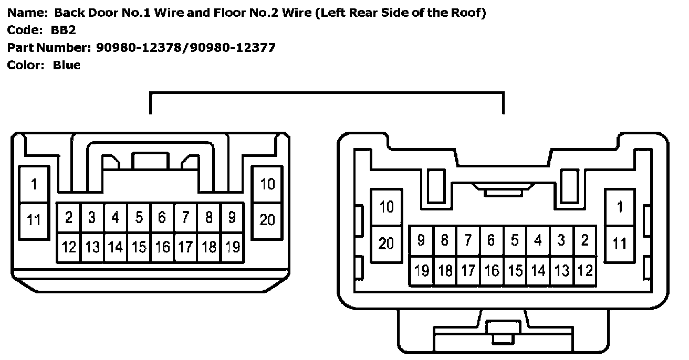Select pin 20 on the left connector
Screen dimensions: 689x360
267,219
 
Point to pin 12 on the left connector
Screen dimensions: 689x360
69,247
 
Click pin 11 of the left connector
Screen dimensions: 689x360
34,219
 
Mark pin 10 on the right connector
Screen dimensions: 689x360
386,207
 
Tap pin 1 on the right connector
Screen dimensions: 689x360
620,207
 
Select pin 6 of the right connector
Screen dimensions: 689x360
491,241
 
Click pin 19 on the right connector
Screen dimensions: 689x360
422,271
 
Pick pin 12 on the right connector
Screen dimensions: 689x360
584,271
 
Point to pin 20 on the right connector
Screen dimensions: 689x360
386,243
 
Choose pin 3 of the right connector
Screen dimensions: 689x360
561,241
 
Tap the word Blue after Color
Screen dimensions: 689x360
67,65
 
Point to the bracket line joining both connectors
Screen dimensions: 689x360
327,93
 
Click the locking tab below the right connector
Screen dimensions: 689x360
500,331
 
